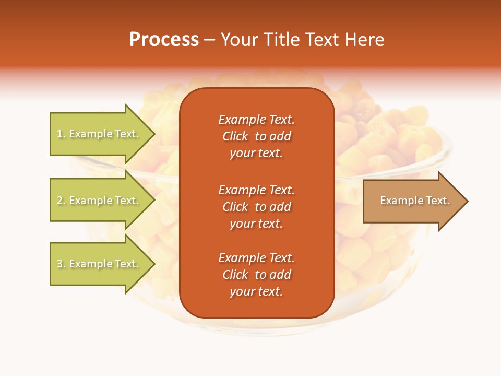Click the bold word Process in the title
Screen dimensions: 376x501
(x=164, y=40)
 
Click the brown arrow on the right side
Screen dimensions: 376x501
(x=412, y=201)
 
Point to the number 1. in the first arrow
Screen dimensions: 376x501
(x=61, y=134)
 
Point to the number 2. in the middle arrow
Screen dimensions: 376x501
(x=61, y=201)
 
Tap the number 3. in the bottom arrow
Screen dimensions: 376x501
(x=61, y=264)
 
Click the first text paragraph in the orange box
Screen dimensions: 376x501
(x=256, y=136)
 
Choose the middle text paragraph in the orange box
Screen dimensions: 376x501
(x=256, y=207)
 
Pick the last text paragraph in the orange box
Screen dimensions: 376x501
(x=256, y=275)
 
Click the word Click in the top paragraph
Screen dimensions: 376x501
(x=235, y=136)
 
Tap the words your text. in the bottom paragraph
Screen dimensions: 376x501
(x=256, y=291)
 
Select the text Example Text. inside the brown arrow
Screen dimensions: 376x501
(x=414, y=201)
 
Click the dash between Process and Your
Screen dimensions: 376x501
(x=210, y=40)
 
